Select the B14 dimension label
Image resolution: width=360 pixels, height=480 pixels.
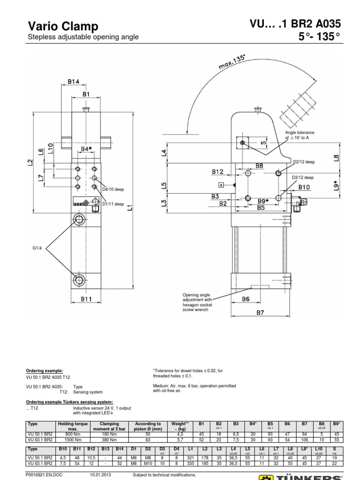(x=74, y=82)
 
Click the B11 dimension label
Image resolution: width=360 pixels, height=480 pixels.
(x=86, y=298)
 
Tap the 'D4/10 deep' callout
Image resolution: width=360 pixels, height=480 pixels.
(x=113, y=189)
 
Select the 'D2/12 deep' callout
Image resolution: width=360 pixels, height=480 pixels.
(x=304, y=162)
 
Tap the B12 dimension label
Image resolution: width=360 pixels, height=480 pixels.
(x=217, y=172)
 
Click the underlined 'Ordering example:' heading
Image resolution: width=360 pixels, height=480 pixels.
(x=44, y=370)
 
